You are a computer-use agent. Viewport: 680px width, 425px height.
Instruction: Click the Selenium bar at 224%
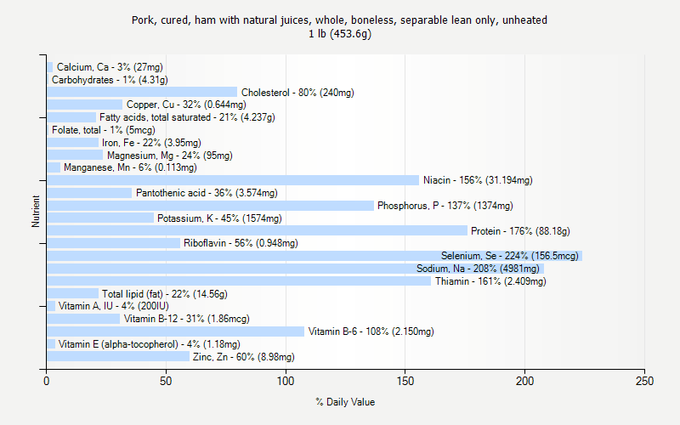pyautogui.click(x=314, y=256)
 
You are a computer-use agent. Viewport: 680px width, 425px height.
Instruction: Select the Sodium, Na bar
pyautogui.click(x=295, y=269)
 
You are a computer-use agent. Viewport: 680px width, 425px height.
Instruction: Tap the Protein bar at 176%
pyautogui.click(x=257, y=230)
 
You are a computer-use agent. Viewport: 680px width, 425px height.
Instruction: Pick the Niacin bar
pyautogui.click(x=233, y=180)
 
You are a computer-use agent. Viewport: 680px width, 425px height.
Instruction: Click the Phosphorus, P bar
pyautogui.click(x=210, y=206)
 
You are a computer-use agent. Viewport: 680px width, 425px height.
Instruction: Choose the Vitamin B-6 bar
pyautogui.click(x=175, y=331)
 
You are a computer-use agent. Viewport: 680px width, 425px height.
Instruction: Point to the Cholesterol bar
pyautogui.click(x=142, y=92)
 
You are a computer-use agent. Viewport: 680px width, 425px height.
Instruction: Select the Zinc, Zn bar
pyautogui.click(x=118, y=357)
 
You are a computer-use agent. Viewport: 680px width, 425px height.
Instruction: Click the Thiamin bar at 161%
pyautogui.click(x=239, y=281)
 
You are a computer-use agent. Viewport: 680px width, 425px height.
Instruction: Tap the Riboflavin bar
pyautogui.click(x=113, y=243)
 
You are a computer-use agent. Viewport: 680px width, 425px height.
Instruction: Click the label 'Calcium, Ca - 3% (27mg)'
pyautogui.click(x=110, y=67)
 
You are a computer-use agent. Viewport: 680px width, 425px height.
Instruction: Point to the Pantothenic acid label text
pyautogui.click(x=207, y=193)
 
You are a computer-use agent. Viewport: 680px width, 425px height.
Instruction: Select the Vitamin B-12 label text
pyautogui.click(x=186, y=319)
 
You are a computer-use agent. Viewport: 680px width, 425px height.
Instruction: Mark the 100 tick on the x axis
pyautogui.click(x=286, y=370)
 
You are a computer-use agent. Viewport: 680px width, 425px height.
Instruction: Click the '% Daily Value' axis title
pyautogui.click(x=345, y=402)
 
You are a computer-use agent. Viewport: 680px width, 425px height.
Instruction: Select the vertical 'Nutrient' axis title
pyautogui.click(x=36, y=212)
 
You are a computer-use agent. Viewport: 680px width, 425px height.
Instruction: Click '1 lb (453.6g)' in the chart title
pyautogui.click(x=340, y=34)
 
